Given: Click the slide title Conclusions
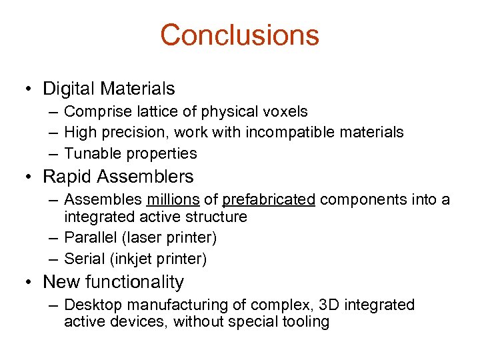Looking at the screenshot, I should tap(239, 35).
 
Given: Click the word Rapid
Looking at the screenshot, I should tap(69, 177).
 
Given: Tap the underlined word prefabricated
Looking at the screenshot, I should tap(268, 200).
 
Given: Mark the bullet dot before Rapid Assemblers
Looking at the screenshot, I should tap(28, 177).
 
